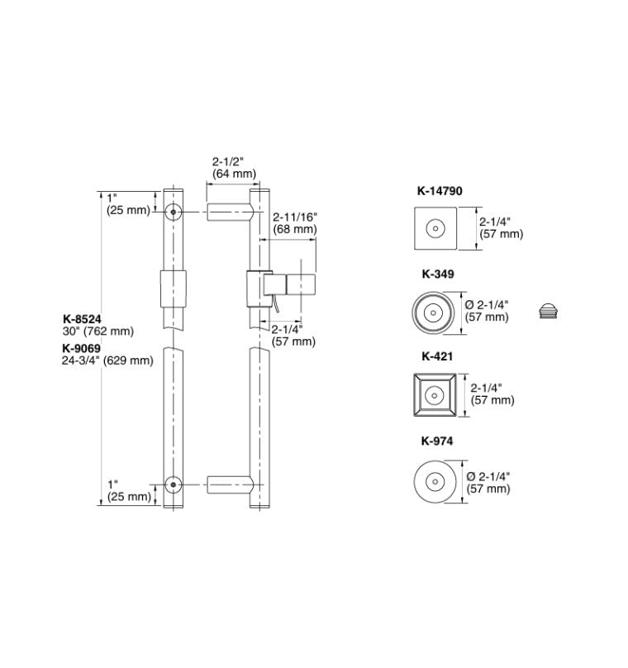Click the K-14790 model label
(440, 191)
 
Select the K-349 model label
(438, 274)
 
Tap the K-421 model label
(437, 356)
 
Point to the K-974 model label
(437, 441)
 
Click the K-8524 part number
(82, 319)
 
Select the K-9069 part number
(81, 349)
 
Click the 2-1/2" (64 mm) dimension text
(234, 168)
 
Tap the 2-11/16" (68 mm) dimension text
(295, 223)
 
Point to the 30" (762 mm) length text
(98, 331)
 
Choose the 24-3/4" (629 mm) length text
(107, 360)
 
